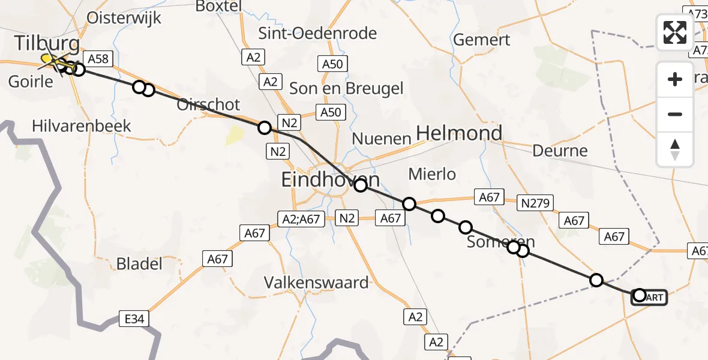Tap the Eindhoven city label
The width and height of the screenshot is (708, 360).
pyautogui.click(x=331, y=179)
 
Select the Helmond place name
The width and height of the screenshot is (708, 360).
pyautogui.click(x=459, y=133)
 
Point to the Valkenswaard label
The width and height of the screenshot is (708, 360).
pyautogui.click(x=317, y=281)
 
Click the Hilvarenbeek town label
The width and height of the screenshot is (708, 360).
pyautogui.click(x=81, y=125)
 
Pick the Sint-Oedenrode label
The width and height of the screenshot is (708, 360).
pyautogui.click(x=317, y=33)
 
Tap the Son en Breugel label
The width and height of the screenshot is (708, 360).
pyautogui.click(x=346, y=88)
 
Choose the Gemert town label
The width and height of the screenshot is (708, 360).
pyautogui.click(x=482, y=40)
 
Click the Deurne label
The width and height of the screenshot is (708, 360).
pyautogui.click(x=560, y=150)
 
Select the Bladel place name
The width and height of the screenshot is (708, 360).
pyautogui.click(x=139, y=263)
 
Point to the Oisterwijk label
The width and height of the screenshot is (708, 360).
pyautogui.click(x=124, y=17)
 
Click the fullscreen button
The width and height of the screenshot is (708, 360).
pyautogui.click(x=675, y=32)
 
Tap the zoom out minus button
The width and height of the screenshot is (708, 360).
pyautogui.click(x=675, y=114)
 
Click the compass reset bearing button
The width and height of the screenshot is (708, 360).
pyautogui.click(x=675, y=149)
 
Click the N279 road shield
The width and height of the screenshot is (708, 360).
pyautogui.click(x=536, y=203)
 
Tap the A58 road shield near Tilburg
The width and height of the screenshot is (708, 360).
pyautogui.click(x=98, y=58)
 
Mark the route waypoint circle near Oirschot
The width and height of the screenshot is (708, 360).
pyautogui.click(x=265, y=127)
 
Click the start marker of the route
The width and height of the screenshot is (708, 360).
pyautogui.click(x=640, y=295)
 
